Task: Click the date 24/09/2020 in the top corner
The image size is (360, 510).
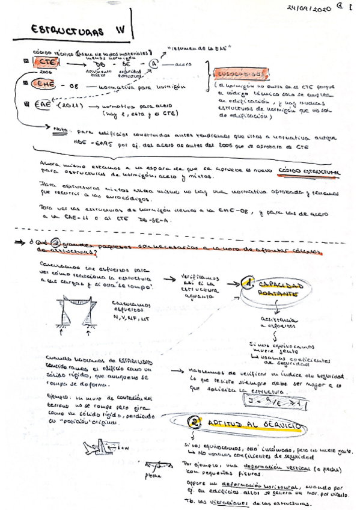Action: (x=309, y=8)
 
